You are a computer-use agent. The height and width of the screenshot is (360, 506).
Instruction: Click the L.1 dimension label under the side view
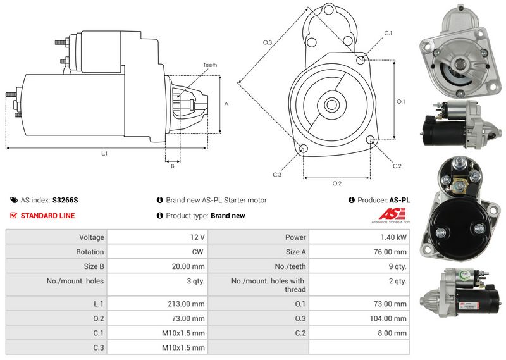click(104, 154)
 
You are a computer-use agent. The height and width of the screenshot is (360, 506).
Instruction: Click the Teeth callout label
click(210, 65)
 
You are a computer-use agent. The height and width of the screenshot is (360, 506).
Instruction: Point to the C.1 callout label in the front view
click(388, 34)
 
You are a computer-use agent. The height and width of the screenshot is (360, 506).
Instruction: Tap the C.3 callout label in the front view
click(277, 175)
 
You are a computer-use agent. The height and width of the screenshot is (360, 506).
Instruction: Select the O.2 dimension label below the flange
click(337, 183)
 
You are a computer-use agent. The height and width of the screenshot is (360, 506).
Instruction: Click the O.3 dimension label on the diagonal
click(268, 42)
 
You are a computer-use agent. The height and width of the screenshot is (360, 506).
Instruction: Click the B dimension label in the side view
click(173, 166)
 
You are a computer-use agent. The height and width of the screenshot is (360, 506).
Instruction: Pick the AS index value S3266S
click(65, 200)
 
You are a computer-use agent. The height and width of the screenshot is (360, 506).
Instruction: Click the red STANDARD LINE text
click(48, 216)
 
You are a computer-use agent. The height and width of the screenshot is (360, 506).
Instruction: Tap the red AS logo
click(392, 214)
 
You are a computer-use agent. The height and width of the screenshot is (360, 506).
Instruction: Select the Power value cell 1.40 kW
click(393, 237)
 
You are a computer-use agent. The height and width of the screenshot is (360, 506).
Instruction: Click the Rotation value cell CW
click(197, 252)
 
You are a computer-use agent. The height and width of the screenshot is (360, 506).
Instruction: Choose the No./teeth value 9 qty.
click(398, 267)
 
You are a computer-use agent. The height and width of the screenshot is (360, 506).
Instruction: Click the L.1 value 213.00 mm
click(186, 304)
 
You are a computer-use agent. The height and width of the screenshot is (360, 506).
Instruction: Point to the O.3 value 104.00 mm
click(388, 319)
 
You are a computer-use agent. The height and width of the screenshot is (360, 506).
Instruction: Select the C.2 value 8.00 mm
click(392, 333)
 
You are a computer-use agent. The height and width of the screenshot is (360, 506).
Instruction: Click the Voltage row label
click(92, 238)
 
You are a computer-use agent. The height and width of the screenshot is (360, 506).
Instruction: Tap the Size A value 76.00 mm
click(390, 252)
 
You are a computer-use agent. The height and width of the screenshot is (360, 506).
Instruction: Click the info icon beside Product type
click(159, 215)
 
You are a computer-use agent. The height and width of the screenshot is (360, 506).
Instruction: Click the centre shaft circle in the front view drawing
click(331, 104)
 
